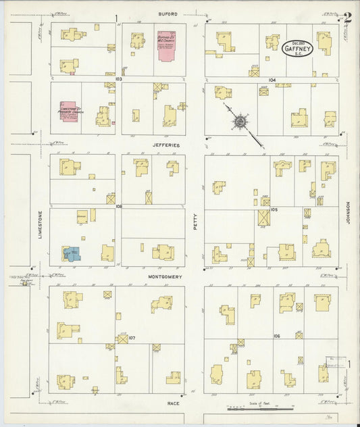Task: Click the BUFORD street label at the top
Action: click(x=168, y=13)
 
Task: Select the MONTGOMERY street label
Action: click(x=167, y=276)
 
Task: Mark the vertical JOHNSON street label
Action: click(x=349, y=216)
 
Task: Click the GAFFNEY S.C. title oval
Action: click(x=297, y=47)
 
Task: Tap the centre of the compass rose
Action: click(x=240, y=122)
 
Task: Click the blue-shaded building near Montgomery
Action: click(x=72, y=253)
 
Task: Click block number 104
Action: click(x=272, y=80)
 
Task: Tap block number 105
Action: click(x=274, y=209)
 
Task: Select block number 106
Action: click(x=276, y=336)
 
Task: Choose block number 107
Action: click(x=132, y=337)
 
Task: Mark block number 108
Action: click(x=119, y=206)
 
